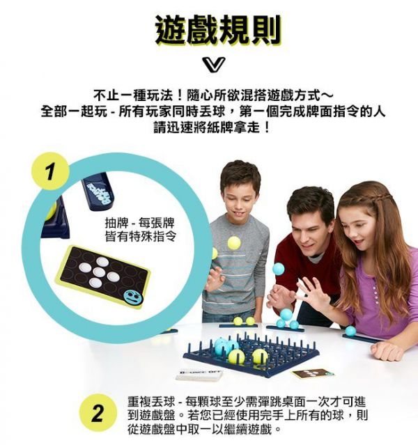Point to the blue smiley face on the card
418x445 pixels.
(x=132, y=297)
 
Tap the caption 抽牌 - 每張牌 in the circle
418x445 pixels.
(x=139, y=224)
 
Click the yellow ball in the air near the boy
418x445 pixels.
(x=234, y=242)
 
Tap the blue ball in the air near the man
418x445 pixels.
(x=279, y=268)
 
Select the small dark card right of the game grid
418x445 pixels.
(x=311, y=373)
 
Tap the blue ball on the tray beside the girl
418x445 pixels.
(x=350, y=331)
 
